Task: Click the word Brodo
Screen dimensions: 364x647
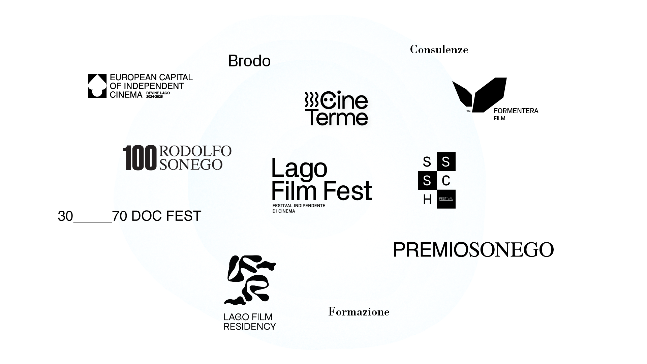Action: tap(249, 61)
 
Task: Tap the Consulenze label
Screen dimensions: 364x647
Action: tap(439, 50)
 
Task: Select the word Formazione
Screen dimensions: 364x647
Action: tap(359, 312)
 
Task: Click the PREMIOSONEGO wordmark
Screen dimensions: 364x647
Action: tap(473, 250)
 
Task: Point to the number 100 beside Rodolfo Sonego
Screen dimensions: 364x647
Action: tap(140, 158)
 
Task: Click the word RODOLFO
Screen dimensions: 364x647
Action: tap(195, 151)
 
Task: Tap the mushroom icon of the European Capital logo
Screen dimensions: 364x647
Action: tap(97, 86)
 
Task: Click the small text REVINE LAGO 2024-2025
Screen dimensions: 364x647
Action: tap(158, 95)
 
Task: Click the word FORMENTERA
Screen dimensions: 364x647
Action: tap(516, 111)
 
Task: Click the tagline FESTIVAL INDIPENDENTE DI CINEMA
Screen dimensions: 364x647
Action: tap(299, 208)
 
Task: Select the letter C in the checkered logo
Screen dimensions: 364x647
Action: tap(446, 181)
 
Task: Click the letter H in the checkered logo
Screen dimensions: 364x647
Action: tap(427, 200)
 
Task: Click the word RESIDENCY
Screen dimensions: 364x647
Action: tap(250, 327)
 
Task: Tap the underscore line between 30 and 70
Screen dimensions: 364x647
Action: tap(92, 221)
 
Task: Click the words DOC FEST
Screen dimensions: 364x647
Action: tap(166, 216)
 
